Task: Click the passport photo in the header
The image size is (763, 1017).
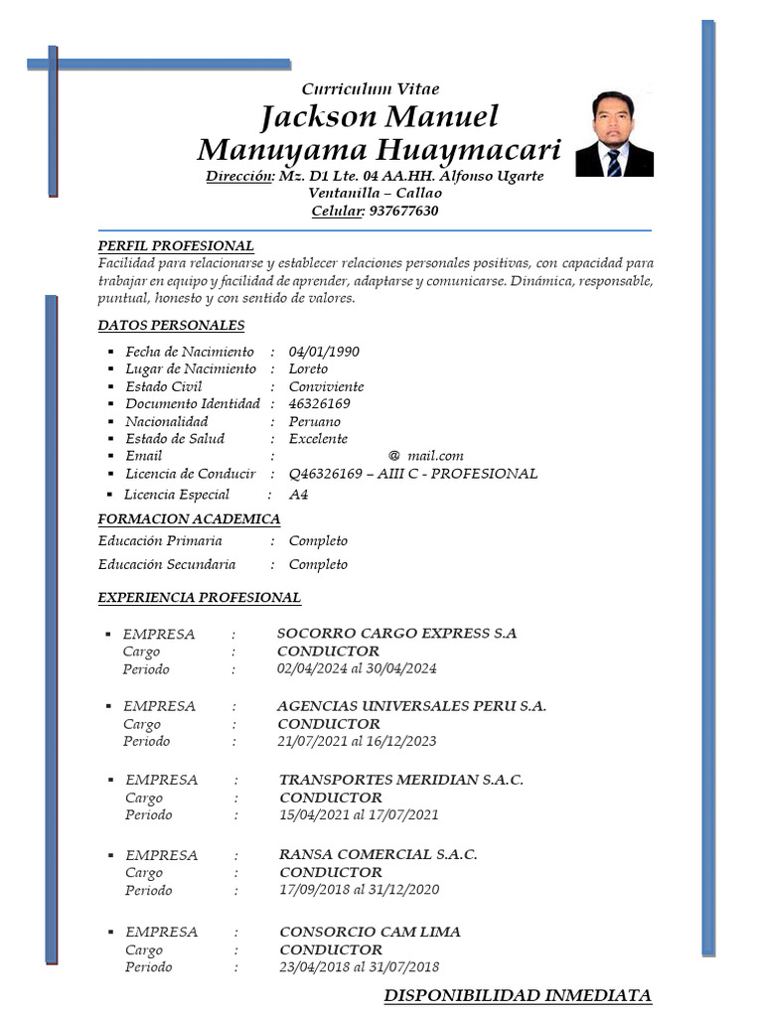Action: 614,133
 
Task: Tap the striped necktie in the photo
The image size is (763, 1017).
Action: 614,163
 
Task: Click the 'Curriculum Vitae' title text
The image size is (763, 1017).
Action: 370,89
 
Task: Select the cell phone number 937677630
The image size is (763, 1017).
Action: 403,211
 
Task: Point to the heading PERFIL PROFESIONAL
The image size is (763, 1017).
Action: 176,245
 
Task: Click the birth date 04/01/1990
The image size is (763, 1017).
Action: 324,352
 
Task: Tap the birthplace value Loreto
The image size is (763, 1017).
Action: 308,368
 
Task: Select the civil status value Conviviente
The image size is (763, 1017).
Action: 326,386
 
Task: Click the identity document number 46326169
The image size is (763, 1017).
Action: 319,403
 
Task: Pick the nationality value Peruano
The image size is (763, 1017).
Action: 314,421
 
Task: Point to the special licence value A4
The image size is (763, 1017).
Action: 298,494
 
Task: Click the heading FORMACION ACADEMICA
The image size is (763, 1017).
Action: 189,518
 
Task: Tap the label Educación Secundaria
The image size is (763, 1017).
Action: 167,564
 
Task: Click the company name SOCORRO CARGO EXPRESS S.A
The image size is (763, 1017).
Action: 396,634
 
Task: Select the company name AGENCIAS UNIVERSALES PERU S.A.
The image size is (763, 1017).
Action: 411,706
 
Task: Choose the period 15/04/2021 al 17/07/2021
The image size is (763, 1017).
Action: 359,814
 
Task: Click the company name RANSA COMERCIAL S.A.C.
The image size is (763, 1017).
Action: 378,854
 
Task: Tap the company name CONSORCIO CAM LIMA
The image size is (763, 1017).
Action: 370,932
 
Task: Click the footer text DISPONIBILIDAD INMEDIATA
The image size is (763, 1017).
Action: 517,995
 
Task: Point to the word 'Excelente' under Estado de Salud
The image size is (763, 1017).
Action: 318,438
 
